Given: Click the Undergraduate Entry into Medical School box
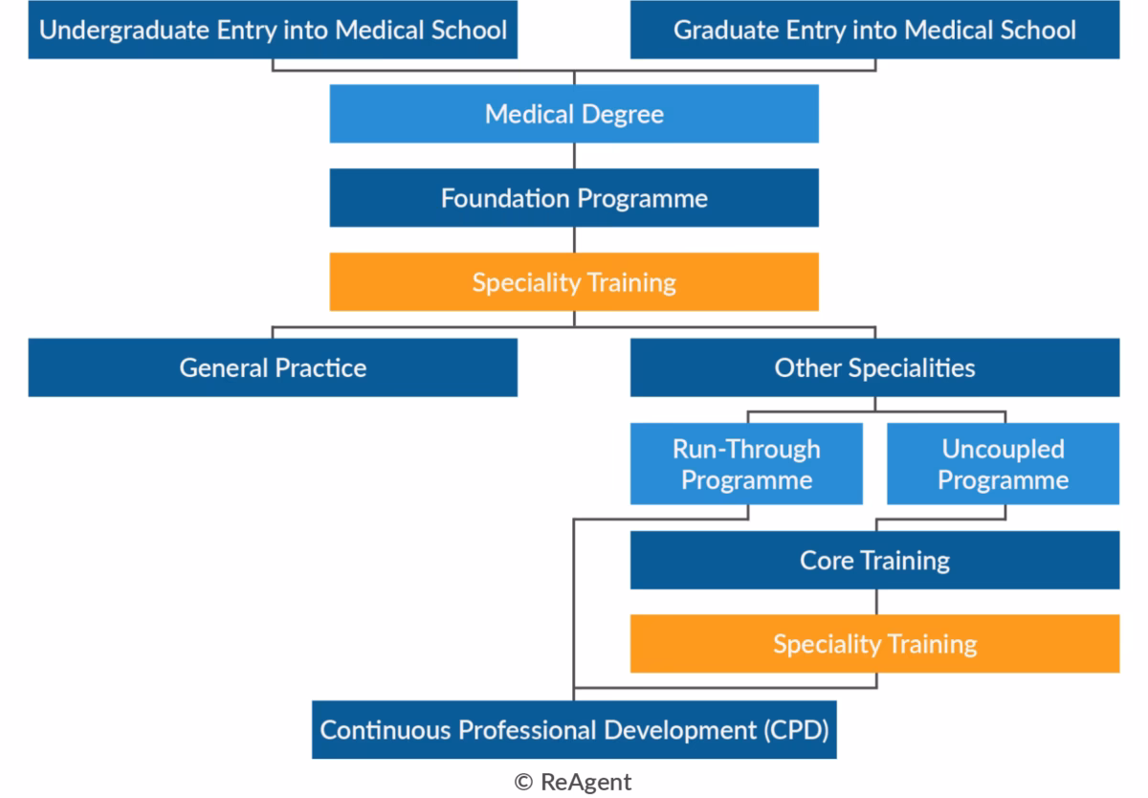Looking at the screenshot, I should [273, 30].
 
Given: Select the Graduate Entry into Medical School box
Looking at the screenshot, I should [874, 30].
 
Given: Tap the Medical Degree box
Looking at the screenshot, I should [574, 114].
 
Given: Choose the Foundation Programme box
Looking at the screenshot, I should [574, 198].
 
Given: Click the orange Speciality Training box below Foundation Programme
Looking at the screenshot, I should [574, 282].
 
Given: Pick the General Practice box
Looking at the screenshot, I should [273, 367].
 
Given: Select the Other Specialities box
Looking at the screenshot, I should [874, 367].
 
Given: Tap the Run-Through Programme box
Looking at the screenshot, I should [746, 464].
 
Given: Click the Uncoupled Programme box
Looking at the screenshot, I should [1003, 464].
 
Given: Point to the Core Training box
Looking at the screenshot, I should [874, 560].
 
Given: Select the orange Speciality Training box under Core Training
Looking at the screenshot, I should [874, 644].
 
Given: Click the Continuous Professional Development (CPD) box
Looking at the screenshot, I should [574, 730].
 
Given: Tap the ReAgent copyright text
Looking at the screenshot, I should [573, 782].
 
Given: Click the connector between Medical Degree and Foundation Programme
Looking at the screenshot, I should [574, 156].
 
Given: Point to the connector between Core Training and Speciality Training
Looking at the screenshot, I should [875, 602].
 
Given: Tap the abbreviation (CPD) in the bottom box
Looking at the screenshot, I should [796, 730].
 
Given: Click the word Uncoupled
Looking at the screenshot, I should [1003, 449].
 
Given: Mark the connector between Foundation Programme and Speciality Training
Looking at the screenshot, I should [574, 240].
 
